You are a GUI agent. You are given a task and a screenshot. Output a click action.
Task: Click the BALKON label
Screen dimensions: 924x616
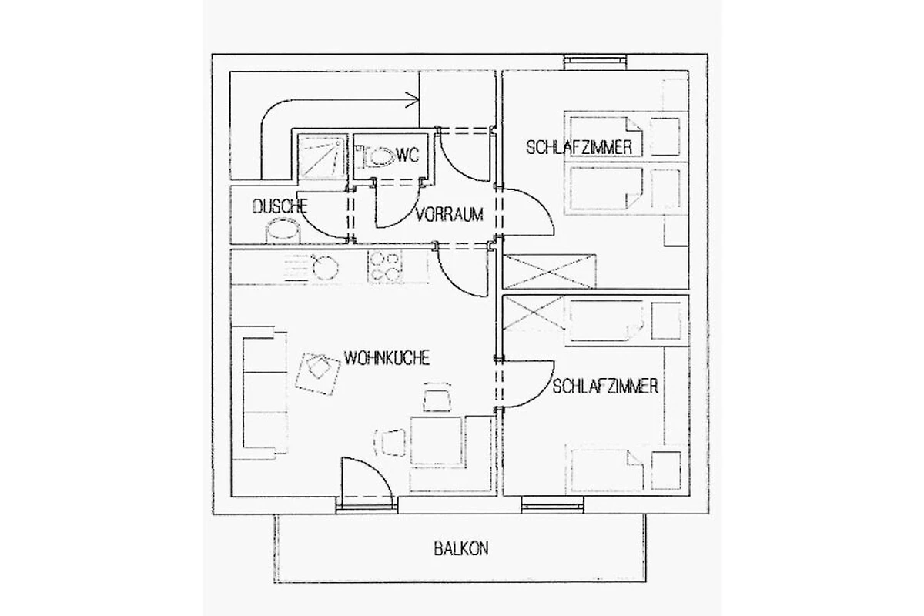[x=461, y=549]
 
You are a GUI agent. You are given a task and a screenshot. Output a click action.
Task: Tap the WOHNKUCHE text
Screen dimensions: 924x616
[x=387, y=358]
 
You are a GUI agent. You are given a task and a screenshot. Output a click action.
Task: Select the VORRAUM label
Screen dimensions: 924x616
[x=450, y=215]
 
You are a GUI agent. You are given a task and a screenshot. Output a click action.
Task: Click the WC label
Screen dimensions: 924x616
[x=408, y=155]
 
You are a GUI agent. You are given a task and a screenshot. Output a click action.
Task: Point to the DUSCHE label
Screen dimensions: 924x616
[x=280, y=206]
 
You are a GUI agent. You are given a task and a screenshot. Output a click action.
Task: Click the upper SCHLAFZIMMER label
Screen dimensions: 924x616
[x=579, y=147]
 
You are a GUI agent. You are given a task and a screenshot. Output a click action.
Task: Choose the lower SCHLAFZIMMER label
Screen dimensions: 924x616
[x=605, y=387]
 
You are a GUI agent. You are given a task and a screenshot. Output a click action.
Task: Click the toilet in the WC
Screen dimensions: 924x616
[x=375, y=156]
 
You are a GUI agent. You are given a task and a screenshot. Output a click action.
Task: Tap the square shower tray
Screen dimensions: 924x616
[x=322, y=156]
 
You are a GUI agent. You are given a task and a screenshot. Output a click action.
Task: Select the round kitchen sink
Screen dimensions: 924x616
[x=325, y=267]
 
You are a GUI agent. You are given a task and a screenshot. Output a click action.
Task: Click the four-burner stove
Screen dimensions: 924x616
[x=384, y=266]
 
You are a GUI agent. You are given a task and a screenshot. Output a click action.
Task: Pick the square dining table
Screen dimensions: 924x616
[x=436, y=441]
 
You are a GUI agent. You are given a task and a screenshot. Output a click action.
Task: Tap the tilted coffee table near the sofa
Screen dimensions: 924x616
[x=318, y=373]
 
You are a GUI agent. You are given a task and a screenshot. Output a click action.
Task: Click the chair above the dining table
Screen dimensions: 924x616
[x=437, y=397]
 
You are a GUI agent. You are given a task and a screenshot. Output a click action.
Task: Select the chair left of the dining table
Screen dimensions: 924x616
[x=390, y=443]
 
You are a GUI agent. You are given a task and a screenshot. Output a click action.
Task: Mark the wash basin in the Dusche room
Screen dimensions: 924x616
[x=283, y=231]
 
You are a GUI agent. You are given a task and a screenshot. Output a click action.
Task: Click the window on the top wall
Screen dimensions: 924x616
[x=595, y=61]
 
